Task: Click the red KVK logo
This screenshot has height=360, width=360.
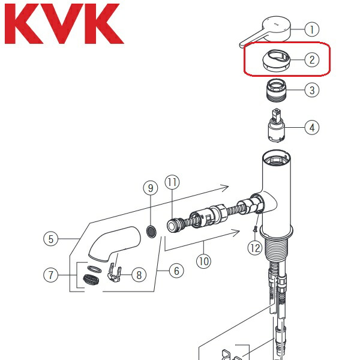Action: [x=64, y=24]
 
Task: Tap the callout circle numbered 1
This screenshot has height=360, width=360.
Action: [x=311, y=28]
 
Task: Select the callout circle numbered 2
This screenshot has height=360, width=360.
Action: [x=311, y=59]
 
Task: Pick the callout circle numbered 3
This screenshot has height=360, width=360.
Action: [x=311, y=91]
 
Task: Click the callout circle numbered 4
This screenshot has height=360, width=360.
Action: [x=311, y=127]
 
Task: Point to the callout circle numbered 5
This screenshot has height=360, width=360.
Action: [x=51, y=239]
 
